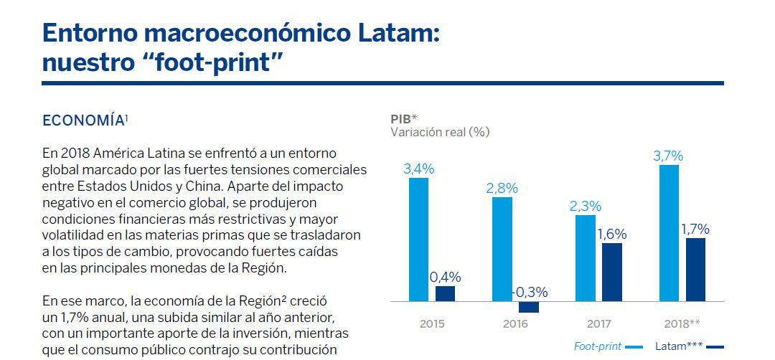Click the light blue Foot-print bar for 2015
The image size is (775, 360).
click(418, 239)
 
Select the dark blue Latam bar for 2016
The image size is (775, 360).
click(529, 307)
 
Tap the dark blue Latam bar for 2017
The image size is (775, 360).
click(612, 272)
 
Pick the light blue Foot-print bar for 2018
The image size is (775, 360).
click(669, 233)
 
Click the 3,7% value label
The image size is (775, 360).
click(668, 156)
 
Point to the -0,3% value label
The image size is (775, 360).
click(529, 293)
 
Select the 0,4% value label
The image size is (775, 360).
click(445, 277)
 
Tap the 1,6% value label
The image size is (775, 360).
click(612, 234)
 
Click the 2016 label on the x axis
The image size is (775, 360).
click(515, 324)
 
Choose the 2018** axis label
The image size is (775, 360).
click(682, 324)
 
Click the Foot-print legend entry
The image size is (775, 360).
click(608, 346)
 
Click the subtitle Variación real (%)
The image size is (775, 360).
click(440, 133)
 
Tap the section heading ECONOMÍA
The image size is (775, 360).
click(85, 121)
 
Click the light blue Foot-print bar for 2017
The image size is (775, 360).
click(586, 257)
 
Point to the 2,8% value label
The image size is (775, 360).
click(502, 188)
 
